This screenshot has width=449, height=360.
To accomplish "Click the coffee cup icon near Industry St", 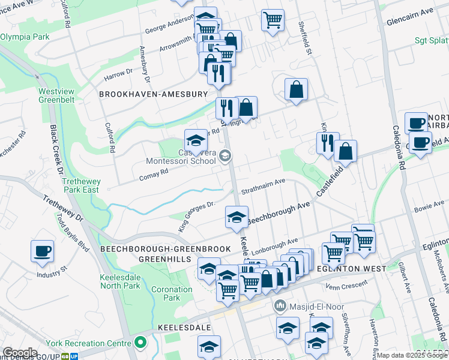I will click(42, 251).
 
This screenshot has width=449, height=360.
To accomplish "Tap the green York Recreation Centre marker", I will click(140, 343).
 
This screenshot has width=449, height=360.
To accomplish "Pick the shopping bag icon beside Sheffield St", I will click(296, 90).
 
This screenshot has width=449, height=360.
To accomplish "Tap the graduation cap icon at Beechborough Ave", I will click(237, 217).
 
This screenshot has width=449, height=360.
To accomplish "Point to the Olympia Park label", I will click(25, 37).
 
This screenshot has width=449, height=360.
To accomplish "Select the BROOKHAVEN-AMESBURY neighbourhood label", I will click(153, 94).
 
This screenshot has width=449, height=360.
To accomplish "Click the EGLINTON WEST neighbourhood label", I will click(354, 269).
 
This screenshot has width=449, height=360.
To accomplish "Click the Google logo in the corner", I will click(20, 353).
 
